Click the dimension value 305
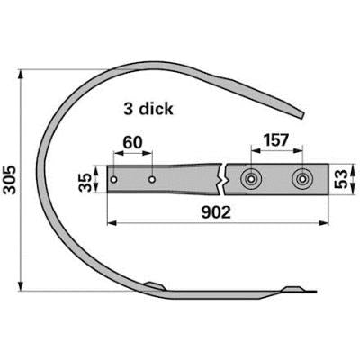[x=11, y=179]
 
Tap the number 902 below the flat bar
[x=216, y=212]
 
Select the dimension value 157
[x=275, y=140]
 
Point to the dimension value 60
[x=133, y=142]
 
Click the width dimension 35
[x=85, y=182]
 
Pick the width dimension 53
[x=341, y=179]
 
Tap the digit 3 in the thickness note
[x=128, y=109]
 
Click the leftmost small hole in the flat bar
[x=113, y=179]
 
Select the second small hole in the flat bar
[x=152, y=179]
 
